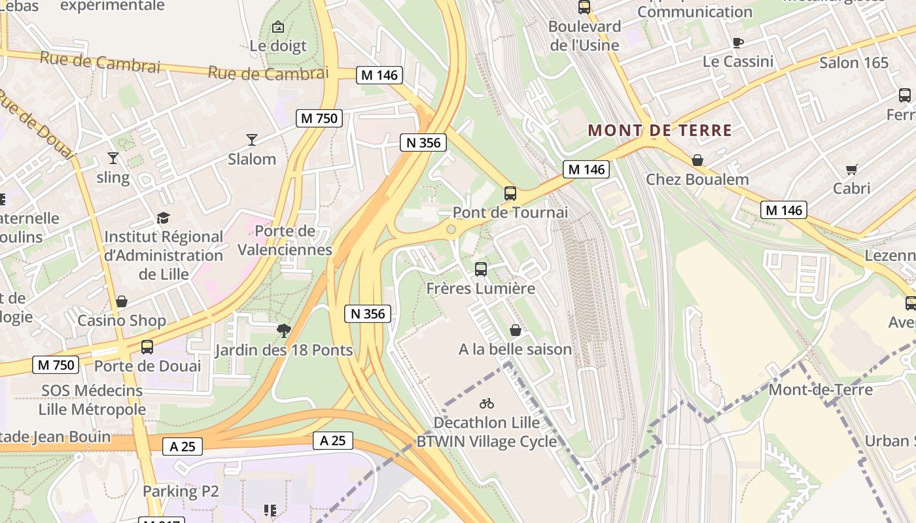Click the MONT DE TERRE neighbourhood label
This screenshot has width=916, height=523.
660,130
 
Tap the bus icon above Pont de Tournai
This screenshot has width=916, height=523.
510,194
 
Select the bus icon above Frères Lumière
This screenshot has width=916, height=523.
481,269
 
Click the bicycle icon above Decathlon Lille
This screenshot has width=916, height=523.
486,403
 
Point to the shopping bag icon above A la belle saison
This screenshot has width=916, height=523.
516,330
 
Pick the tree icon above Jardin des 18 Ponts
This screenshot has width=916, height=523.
283,331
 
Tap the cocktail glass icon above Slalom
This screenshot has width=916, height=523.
252,139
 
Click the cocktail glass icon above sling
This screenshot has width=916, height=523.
113,158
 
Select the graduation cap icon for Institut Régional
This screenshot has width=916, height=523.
163,218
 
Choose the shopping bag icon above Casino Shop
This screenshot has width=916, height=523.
122,301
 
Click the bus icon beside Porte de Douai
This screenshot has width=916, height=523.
147,347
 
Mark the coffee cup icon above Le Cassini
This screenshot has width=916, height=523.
738,43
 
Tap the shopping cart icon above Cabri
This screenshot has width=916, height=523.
851,170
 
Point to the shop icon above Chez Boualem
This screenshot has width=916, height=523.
697,160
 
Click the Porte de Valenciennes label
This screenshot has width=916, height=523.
285,240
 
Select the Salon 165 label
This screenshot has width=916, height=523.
854,63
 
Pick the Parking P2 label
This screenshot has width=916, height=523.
181,491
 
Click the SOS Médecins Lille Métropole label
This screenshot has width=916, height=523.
92,400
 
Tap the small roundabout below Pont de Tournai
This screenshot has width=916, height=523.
451,229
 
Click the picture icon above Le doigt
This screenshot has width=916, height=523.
278,27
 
